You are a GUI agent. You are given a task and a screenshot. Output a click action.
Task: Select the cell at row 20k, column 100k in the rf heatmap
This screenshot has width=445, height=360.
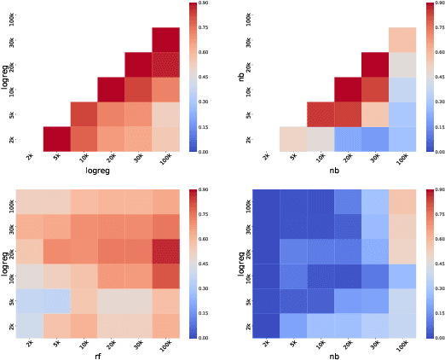coord(165,251)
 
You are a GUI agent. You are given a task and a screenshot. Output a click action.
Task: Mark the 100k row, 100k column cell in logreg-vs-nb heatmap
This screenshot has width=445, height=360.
coord(402,201)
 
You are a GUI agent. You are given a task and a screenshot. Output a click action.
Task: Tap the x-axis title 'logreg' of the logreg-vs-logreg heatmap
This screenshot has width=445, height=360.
coord(98,170)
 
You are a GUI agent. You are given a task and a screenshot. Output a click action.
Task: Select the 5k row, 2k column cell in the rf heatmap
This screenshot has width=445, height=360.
coord(31,300)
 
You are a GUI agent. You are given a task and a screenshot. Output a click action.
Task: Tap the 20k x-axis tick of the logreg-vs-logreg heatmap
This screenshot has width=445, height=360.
coord(107,159)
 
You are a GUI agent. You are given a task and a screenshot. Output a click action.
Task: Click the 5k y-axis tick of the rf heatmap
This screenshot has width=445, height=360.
coord(12,300)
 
